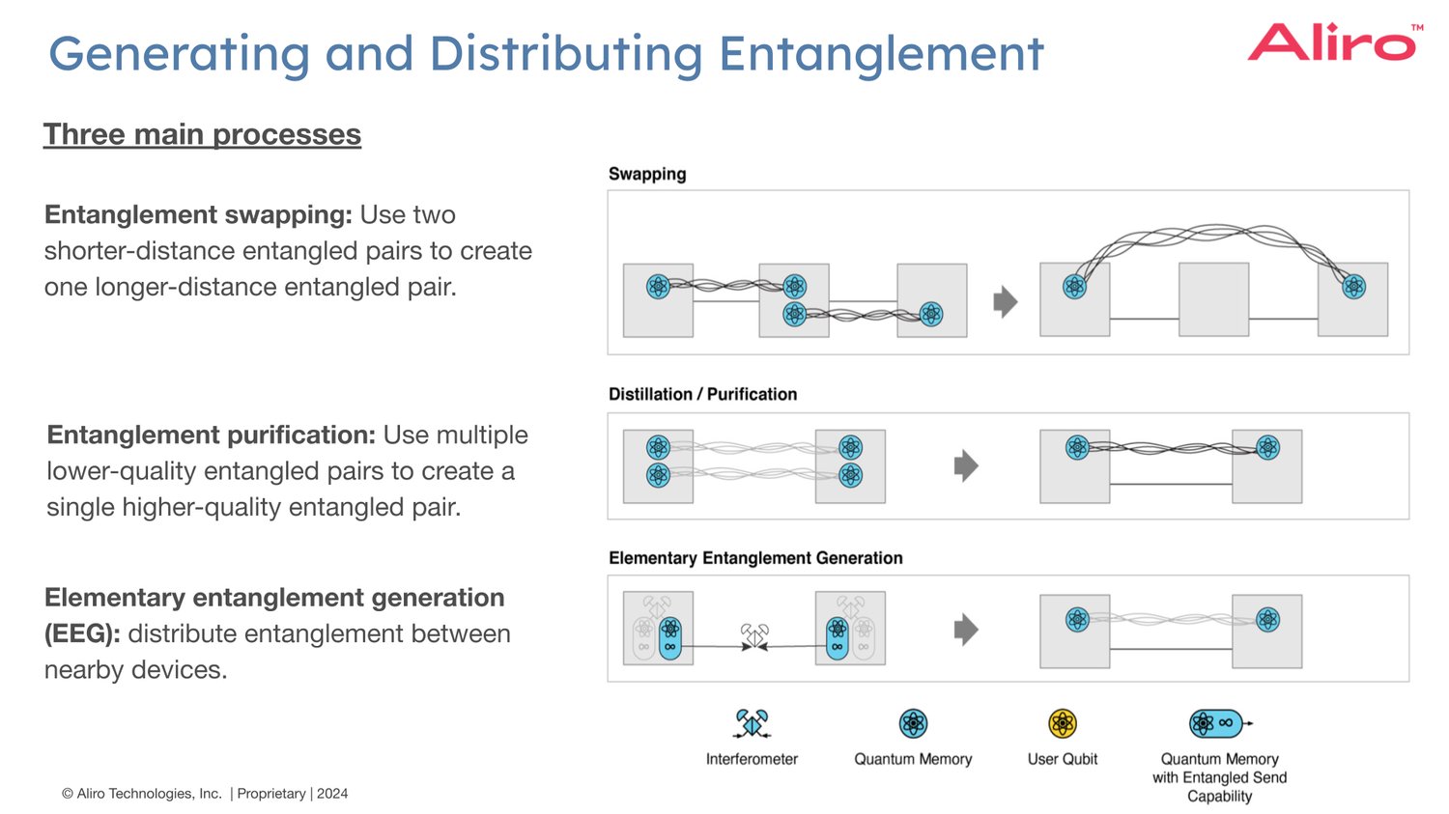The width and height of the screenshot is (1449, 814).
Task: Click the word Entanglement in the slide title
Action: tap(881, 54)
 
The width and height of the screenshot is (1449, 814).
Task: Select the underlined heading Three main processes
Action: tap(202, 134)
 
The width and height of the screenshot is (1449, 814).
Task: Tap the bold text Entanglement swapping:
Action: tap(198, 214)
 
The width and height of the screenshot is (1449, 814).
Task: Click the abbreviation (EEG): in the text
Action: tap(82, 633)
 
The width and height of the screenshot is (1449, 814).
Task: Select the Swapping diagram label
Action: tap(647, 174)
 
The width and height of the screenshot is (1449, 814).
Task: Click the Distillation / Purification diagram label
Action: tap(702, 394)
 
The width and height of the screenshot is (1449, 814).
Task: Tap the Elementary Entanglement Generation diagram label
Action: tap(755, 558)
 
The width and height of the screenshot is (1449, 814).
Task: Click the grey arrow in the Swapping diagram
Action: tap(1006, 301)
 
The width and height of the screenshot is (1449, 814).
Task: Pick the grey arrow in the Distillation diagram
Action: tap(966, 465)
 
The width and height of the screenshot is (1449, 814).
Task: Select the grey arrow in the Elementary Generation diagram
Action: tap(966, 630)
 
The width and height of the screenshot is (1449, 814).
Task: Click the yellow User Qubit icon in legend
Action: tap(1063, 723)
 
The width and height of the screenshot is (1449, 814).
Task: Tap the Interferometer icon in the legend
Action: tap(752, 723)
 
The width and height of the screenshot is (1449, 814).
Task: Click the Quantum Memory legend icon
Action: tap(913, 723)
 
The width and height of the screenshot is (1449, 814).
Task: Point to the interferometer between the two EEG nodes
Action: tap(754, 636)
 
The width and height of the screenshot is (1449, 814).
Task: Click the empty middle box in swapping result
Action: tap(1213, 299)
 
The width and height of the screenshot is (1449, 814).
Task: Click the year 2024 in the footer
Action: tap(332, 794)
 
